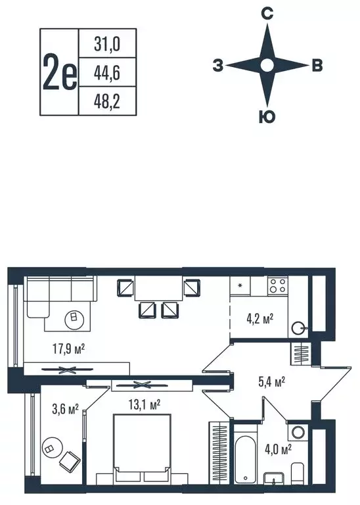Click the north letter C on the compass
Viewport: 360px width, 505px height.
[267, 13]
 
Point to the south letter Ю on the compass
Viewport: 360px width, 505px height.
[267, 118]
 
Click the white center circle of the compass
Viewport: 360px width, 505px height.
[267, 65]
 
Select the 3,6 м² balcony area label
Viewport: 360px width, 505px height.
[65, 408]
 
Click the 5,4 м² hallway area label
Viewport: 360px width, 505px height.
[270, 381]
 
